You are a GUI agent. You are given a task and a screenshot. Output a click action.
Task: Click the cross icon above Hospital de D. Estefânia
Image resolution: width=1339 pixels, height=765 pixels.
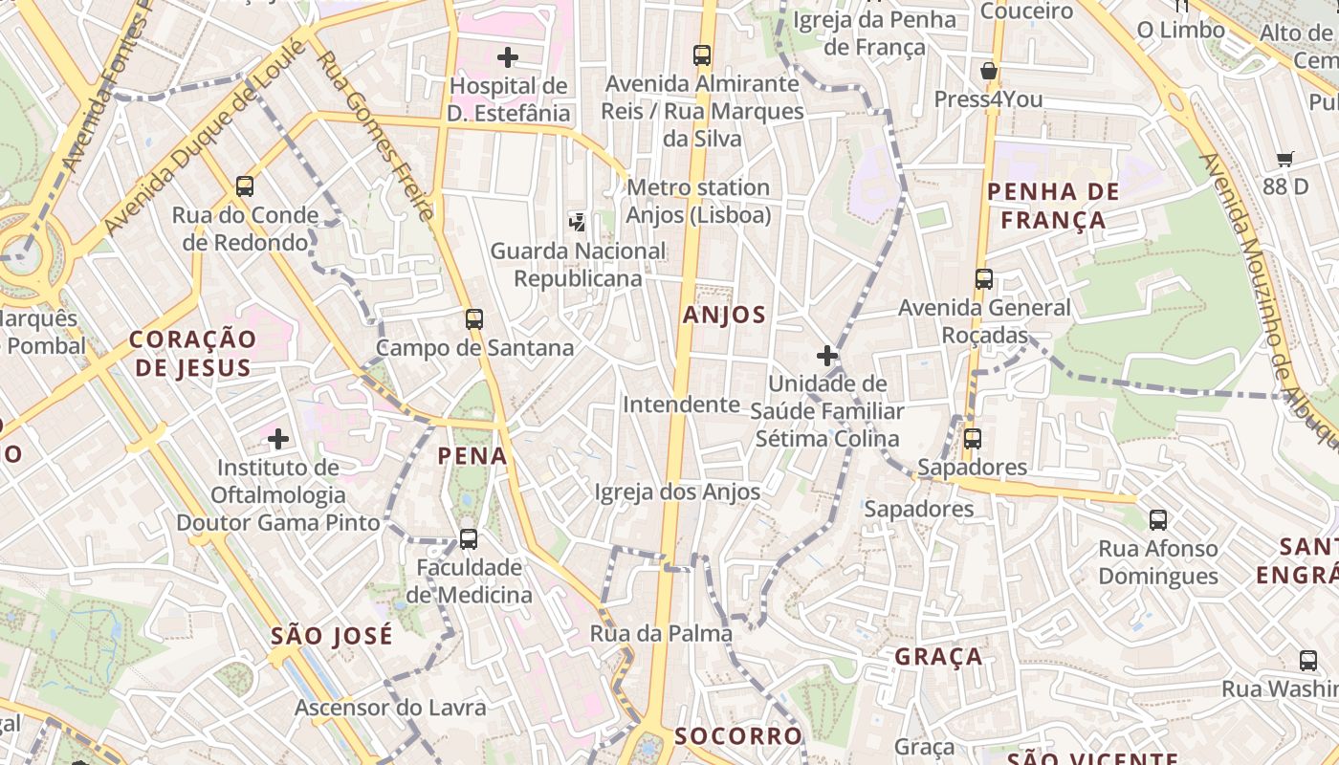pyautogui.click(x=508, y=57)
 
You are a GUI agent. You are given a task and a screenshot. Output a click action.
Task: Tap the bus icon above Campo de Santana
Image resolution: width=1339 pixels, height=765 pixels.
pyautogui.click(x=474, y=319)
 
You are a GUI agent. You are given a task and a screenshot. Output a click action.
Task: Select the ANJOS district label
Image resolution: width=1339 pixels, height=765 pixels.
pyautogui.click(x=724, y=315)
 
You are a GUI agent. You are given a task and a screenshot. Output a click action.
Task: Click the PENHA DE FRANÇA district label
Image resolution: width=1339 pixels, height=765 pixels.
pyautogui.click(x=1053, y=206)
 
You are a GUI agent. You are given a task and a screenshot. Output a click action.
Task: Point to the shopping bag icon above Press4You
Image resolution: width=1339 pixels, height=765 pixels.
pyautogui.click(x=989, y=71)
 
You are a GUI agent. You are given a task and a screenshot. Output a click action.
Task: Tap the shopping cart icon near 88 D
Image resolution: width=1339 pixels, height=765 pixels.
pyautogui.click(x=1284, y=159)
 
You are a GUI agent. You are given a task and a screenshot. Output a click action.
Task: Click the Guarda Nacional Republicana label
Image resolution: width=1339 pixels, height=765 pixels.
pyautogui.click(x=578, y=265)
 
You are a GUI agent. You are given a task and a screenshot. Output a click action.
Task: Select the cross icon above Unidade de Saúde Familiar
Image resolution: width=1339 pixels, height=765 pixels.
pyautogui.click(x=827, y=356)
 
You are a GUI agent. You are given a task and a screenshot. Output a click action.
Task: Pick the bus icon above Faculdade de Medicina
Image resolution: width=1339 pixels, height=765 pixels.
pyautogui.click(x=469, y=539)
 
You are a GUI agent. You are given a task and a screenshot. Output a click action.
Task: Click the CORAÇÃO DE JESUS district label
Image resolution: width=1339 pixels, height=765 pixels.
pyautogui.click(x=193, y=353)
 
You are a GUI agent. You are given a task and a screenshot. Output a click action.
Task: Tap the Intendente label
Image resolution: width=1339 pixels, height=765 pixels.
pyautogui.click(x=681, y=404)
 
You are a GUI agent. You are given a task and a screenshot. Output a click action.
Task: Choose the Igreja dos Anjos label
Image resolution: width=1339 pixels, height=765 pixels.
pyautogui.click(x=677, y=492)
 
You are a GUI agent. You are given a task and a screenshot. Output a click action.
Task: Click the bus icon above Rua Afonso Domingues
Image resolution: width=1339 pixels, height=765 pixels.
pyautogui.click(x=1158, y=520)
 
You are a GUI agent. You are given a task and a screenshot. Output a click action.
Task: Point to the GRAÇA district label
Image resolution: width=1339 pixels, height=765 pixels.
pyautogui.click(x=938, y=656)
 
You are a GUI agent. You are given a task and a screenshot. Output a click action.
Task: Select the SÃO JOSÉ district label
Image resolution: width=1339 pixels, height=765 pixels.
pyautogui.click(x=331, y=636)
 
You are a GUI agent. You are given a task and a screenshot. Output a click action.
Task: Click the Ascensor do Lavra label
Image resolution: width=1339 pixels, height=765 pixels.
pyautogui.click(x=390, y=708)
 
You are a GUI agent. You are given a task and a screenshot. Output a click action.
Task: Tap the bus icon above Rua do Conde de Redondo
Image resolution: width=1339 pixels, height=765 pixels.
pyautogui.click(x=245, y=186)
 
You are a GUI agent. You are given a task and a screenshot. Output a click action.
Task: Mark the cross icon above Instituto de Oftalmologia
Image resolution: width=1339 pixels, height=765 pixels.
pyautogui.click(x=278, y=439)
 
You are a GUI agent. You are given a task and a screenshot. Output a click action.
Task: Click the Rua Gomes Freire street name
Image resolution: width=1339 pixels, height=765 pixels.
pyautogui.click(x=376, y=134)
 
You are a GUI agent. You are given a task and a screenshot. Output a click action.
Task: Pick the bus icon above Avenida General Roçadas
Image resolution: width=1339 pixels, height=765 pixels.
pyautogui.click(x=984, y=279)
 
